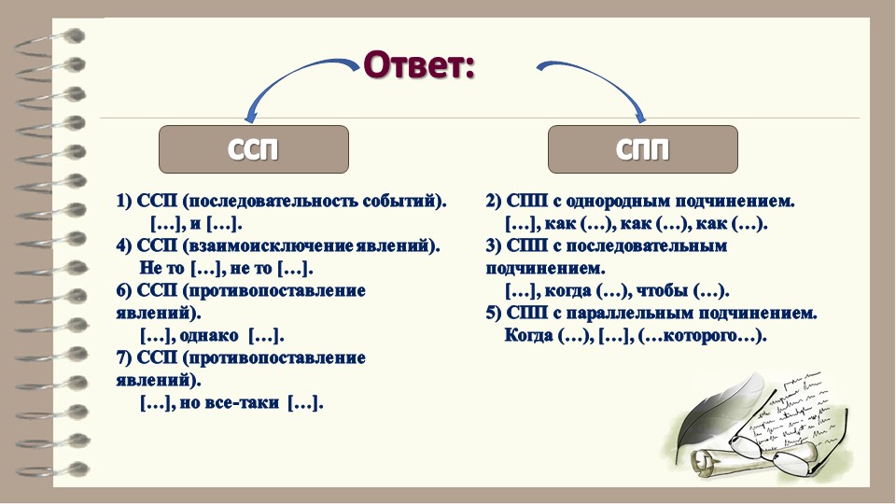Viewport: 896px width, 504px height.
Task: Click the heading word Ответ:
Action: point(419,65)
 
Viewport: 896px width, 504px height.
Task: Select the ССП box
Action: point(254,149)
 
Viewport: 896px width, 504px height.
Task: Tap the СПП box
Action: point(643,149)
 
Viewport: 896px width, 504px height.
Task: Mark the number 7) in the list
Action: point(124,358)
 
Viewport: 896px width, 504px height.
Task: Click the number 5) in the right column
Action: point(494,314)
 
